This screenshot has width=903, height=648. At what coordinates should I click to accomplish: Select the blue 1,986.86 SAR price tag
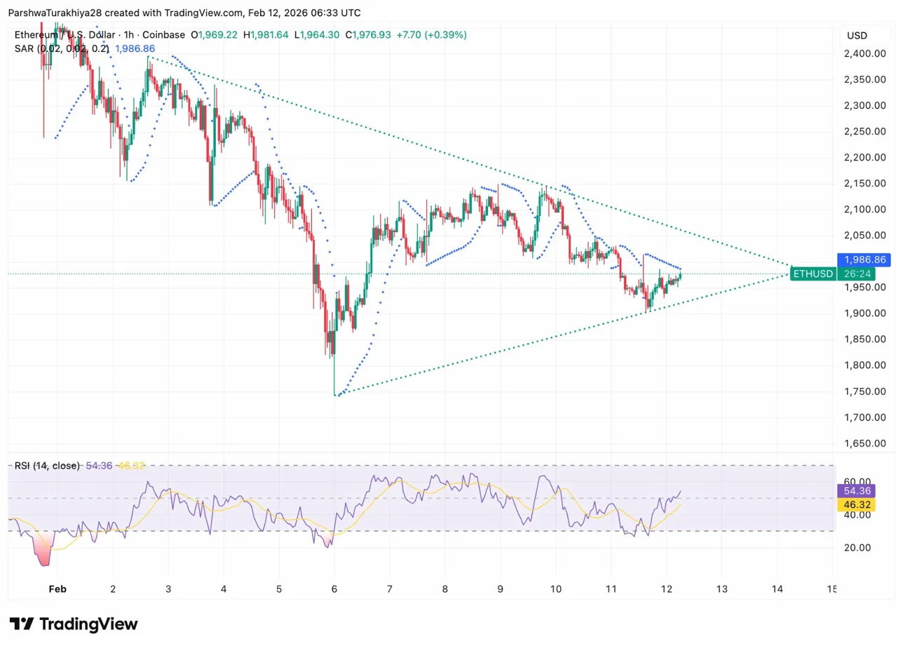click(x=864, y=259)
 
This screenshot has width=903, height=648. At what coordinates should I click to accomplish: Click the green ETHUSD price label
click(x=813, y=274)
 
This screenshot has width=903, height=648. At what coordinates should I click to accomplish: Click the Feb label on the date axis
click(x=57, y=590)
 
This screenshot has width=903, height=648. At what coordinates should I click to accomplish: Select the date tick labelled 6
click(x=334, y=590)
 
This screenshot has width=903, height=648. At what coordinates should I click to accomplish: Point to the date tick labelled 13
click(x=722, y=590)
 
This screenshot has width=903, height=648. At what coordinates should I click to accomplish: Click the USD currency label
click(x=857, y=35)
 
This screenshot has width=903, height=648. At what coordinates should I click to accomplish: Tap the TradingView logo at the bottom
click(x=74, y=624)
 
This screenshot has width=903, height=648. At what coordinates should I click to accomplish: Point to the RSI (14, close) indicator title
click(x=48, y=465)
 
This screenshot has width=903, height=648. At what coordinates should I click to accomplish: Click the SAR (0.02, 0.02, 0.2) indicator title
click(x=62, y=48)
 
